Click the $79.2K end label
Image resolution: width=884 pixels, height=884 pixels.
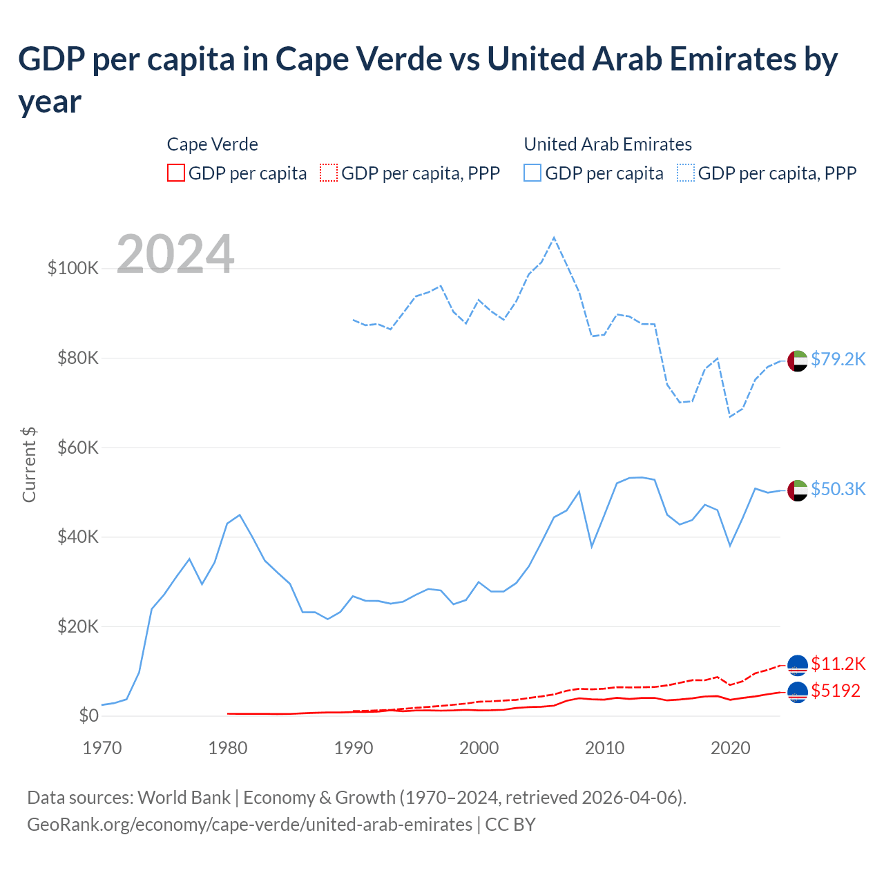[838, 359]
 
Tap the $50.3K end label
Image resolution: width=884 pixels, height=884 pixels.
[838, 489]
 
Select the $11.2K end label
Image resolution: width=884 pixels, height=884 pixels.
[838, 664]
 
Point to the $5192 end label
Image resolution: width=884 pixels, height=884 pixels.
[836, 691]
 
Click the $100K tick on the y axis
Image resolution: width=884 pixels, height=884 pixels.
[73, 268]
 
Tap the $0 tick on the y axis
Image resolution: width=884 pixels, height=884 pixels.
[88, 715]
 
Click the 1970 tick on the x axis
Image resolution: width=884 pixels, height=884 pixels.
[102, 748]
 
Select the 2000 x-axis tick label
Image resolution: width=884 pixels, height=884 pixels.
[479, 748]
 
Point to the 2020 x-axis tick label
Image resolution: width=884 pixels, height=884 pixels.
[731, 748]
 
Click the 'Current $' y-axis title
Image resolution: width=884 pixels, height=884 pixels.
[29, 464]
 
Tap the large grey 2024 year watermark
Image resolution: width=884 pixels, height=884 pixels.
[175, 254]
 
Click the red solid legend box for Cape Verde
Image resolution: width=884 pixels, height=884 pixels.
[176, 173]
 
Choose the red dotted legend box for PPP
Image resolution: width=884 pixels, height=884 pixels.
[329, 173]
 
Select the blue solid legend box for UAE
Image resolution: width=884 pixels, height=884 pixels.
[532, 173]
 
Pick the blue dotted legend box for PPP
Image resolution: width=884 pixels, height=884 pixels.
[686, 173]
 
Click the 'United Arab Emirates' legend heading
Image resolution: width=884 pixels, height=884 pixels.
[608, 144]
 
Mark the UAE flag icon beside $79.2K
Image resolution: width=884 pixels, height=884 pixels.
[798, 361]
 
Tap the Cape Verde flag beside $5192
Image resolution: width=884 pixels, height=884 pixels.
[798, 691]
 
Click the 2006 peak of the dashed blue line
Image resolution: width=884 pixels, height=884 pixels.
[554, 238]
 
